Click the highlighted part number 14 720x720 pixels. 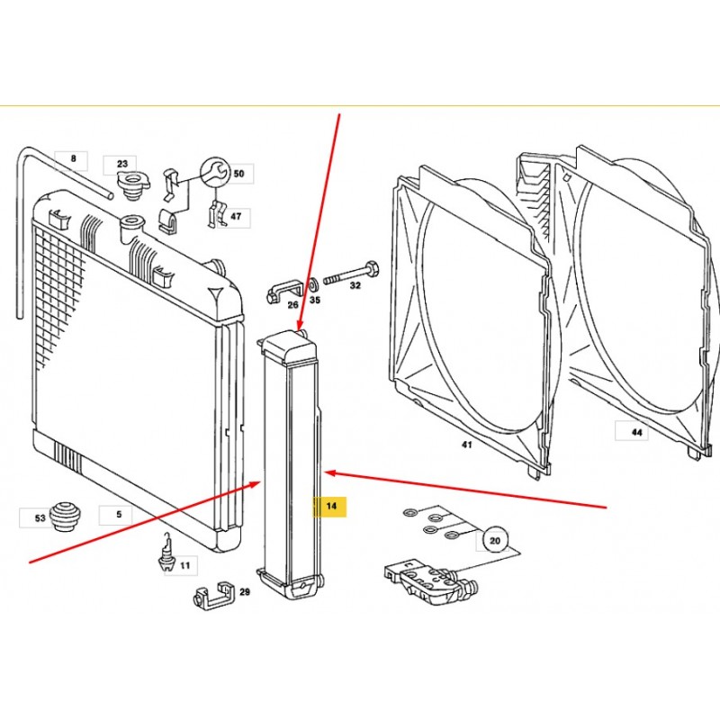pyautogui.click(x=331, y=506)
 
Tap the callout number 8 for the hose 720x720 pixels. pyautogui.click(x=74, y=158)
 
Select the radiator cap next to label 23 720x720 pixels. pyautogui.click(x=133, y=186)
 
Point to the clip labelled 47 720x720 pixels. pyautogui.click(x=217, y=213)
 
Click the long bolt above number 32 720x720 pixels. pyautogui.click(x=351, y=274)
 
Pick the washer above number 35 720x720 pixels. pyautogui.click(x=312, y=285)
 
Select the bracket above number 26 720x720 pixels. pyautogui.click(x=284, y=291)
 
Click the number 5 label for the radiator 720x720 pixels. pyautogui.click(x=119, y=514)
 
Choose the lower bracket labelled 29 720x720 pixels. pyautogui.click(x=214, y=596)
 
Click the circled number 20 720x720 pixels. pyautogui.click(x=494, y=541)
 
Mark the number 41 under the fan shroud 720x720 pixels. pyautogui.click(x=466, y=445)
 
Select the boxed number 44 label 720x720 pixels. pyautogui.click(x=636, y=432)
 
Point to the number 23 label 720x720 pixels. pyautogui.click(x=122, y=164)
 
